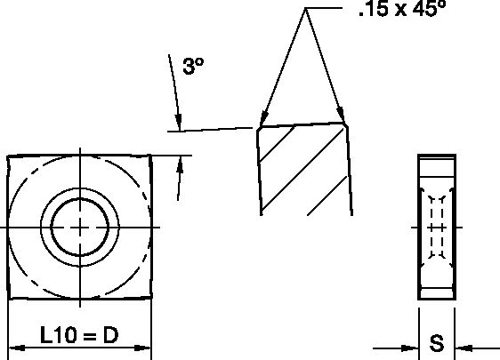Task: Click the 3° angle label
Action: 194,66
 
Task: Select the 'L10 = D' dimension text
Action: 79,335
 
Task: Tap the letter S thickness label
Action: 437,343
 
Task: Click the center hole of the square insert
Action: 80,227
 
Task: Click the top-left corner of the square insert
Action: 8,156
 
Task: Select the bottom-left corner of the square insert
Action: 9,300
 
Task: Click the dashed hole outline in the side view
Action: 436,227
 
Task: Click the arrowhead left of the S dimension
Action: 412,348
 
